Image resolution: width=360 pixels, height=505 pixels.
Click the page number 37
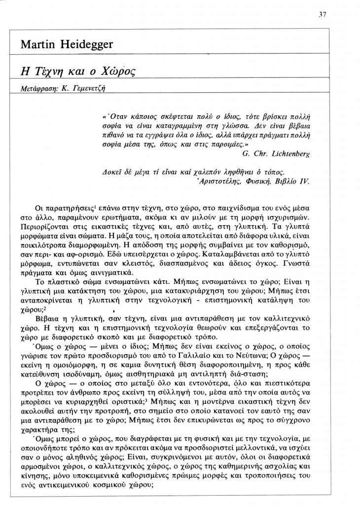click(323, 14)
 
